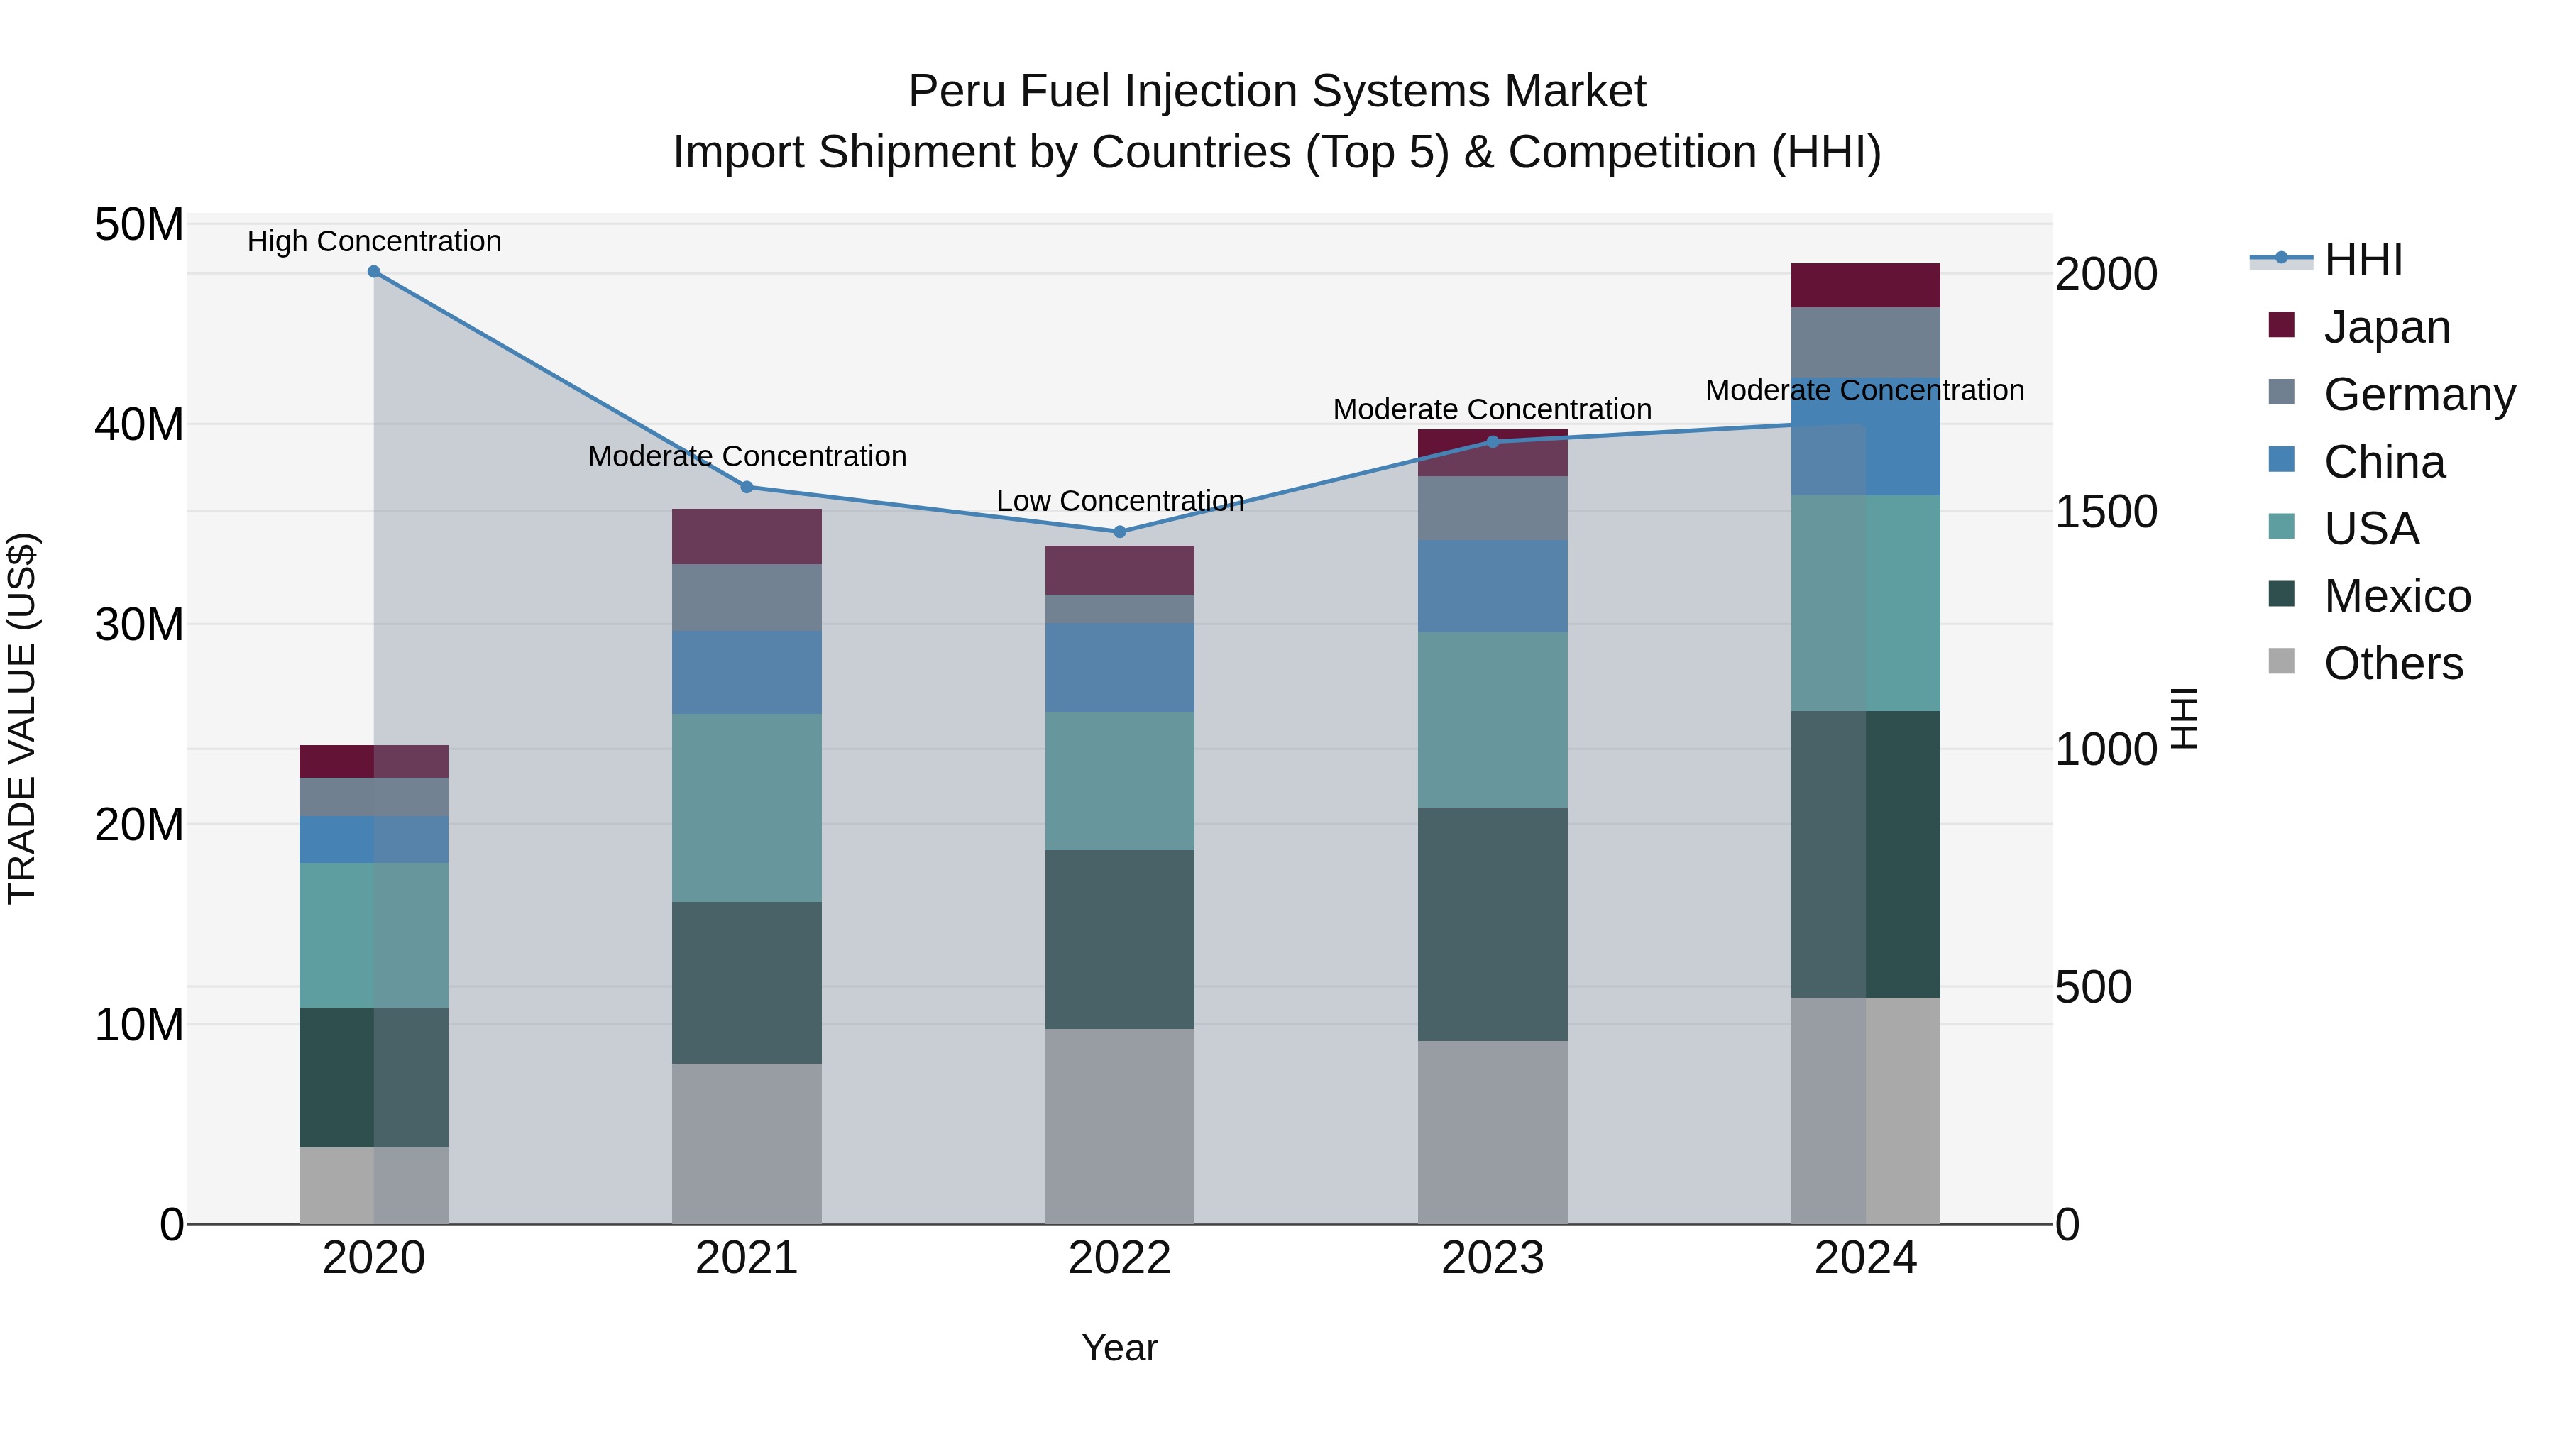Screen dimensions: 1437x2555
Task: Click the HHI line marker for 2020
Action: click(374, 272)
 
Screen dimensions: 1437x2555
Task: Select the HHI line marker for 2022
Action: click(1120, 532)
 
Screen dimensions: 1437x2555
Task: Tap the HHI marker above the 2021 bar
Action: click(747, 487)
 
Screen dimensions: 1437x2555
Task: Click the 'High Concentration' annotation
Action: click(374, 241)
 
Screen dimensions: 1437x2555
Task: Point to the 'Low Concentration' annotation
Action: click(1120, 501)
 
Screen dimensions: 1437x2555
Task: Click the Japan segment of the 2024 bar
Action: click(1864, 285)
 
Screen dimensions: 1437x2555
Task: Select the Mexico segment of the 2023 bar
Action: click(1492, 923)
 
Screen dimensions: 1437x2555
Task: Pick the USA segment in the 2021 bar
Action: click(747, 808)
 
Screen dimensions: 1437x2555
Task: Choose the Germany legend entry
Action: click(2418, 395)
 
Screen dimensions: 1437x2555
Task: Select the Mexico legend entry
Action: click(2396, 596)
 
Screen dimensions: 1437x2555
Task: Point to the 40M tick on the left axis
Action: click(139, 424)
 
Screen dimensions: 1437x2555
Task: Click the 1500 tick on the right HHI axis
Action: click(2106, 512)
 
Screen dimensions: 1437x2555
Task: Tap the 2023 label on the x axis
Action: click(1492, 1258)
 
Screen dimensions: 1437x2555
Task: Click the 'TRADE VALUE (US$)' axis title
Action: click(22, 718)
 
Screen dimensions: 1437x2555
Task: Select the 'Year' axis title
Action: click(1120, 1348)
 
